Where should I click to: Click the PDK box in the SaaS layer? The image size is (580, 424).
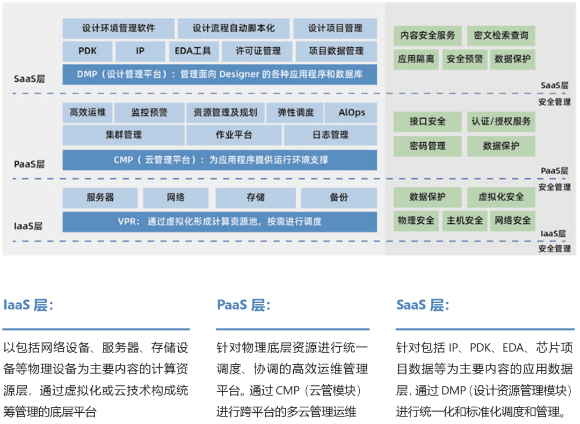tap(88, 51)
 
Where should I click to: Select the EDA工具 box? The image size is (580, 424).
tap(193, 51)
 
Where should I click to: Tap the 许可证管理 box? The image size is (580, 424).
tap(258, 51)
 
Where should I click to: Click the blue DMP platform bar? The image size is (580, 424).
tap(220, 74)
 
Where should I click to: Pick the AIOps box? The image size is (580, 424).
tap(351, 113)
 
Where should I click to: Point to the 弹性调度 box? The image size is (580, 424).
tap(295, 113)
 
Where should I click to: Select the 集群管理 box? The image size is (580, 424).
tap(124, 135)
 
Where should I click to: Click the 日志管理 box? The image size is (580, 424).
tap(330, 135)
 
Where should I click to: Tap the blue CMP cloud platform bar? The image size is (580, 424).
tap(220, 160)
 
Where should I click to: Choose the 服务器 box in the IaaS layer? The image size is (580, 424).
tap(100, 198)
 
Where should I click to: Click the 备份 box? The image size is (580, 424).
tap(338, 198)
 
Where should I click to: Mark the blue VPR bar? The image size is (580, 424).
tap(220, 221)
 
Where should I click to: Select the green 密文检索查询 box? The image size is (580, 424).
tap(501, 36)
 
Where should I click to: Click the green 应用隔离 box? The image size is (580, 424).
tap(416, 59)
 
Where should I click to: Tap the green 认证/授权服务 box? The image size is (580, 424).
tap(501, 121)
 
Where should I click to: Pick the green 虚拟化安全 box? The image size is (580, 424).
tap(501, 197)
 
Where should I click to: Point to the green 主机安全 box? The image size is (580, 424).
tap(465, 220)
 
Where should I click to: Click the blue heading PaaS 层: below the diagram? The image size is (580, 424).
tap(243, 305)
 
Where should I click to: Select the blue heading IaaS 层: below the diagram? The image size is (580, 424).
tap(28, 305)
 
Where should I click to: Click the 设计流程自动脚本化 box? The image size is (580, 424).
tap(233, 28)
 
